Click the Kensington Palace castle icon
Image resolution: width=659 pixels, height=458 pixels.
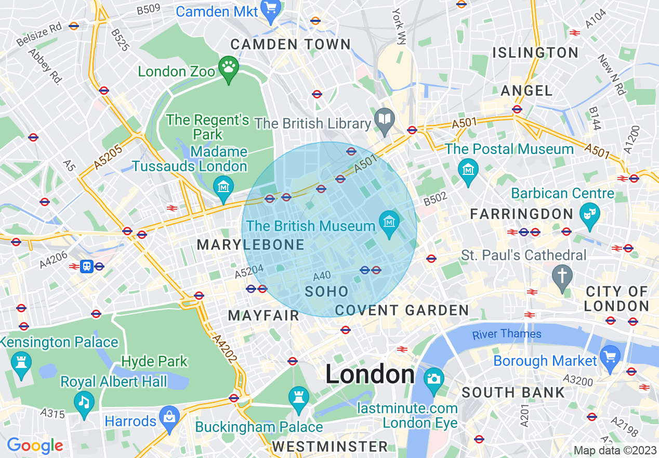click(x=21, y=363)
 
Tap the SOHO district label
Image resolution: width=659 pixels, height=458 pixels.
click(x=326, y=291)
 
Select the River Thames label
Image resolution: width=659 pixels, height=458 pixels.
click(x=507, y=334)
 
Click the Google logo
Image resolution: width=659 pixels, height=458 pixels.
click(x=35, y=446)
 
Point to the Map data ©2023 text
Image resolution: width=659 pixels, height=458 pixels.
click(x=614, y=450)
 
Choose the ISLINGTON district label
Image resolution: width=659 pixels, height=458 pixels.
click(x=535, y=53)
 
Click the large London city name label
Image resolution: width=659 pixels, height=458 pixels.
click(x=370, y=375)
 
